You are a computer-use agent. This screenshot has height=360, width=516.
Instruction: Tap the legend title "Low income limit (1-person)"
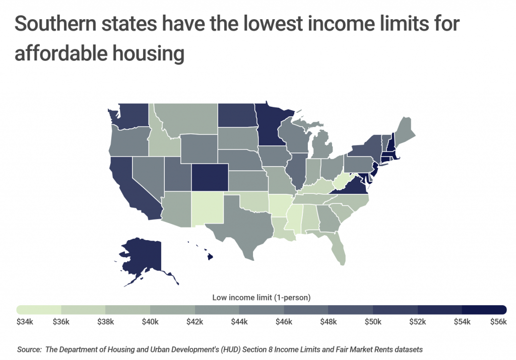coord(261,297)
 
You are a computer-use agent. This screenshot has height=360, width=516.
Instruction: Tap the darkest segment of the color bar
coord(484,309)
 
